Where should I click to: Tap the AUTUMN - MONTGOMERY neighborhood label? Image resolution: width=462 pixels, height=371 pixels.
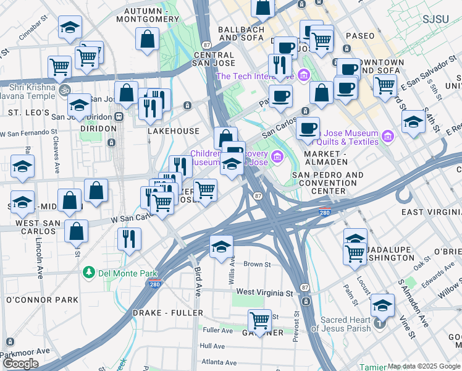151,15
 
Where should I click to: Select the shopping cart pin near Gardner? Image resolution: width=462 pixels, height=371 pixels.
259,321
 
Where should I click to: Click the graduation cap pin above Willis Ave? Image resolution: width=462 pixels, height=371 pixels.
221,247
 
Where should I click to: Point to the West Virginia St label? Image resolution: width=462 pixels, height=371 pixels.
264,292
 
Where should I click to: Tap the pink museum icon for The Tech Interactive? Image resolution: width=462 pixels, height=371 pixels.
303,76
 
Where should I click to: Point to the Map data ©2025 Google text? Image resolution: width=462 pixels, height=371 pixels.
423,366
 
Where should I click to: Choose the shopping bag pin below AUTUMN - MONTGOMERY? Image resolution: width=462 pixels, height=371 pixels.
148,40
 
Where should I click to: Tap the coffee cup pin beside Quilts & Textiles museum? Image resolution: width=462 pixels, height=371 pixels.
307,129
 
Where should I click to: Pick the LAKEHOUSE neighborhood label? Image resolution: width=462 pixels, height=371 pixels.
174,131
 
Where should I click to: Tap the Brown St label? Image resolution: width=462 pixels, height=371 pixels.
253,264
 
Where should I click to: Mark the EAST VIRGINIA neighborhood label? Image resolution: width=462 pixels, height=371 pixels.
431,212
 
